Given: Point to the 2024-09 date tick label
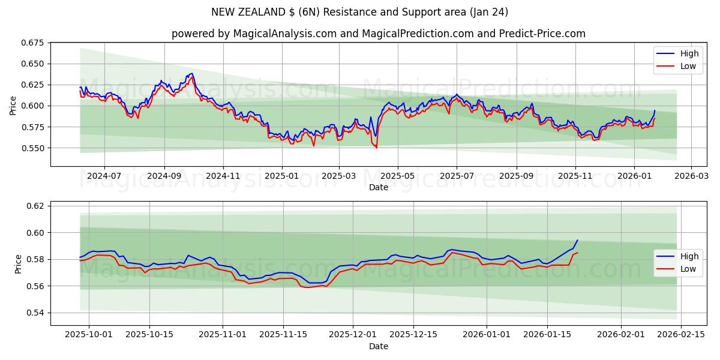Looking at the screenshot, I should click(164, 176).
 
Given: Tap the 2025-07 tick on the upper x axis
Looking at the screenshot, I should click(457, 176).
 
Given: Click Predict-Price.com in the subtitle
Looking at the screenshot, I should click(542, 34).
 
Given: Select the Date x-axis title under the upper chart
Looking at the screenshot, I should click(379, 187).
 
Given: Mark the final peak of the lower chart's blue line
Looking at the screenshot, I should click(577, 240).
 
